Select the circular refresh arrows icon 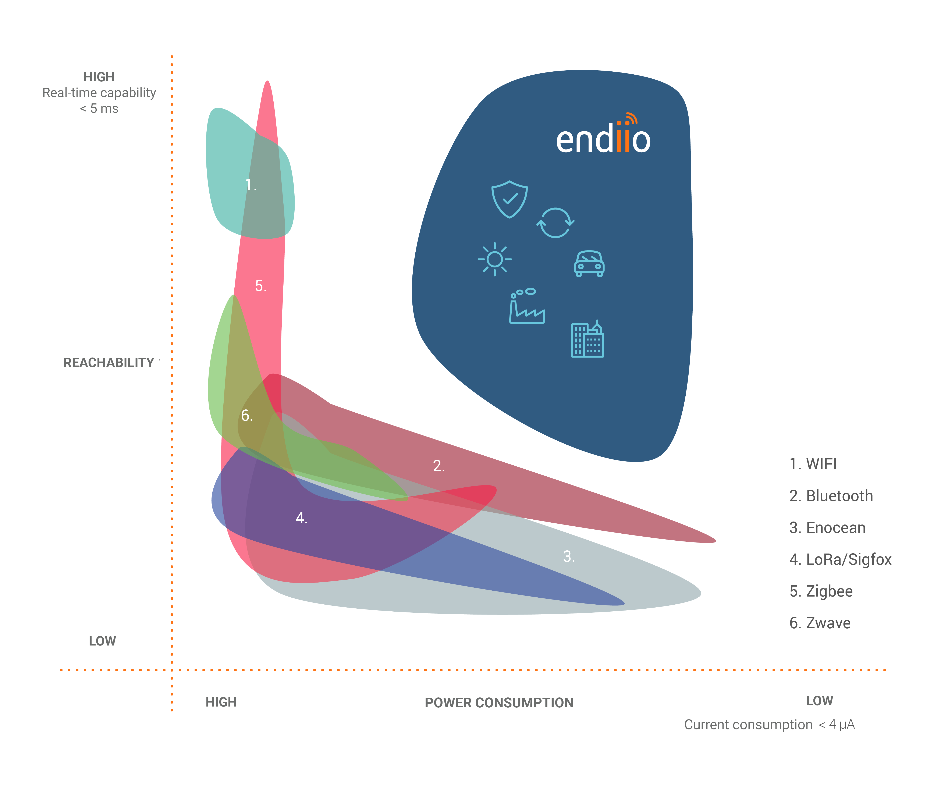coord(555,223)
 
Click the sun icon coord(495,259)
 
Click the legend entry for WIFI coord(813,464)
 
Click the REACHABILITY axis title coord(109,363)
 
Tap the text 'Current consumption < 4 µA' coord(769,724)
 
